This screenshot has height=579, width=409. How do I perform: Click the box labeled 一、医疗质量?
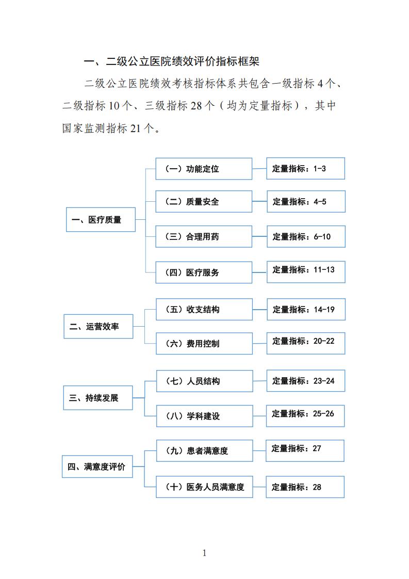pos(101,220)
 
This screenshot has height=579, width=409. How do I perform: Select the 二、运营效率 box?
pos(98,327)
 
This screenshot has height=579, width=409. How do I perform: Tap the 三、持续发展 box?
pos(98,398)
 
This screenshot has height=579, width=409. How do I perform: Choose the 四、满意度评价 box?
pos(97,467)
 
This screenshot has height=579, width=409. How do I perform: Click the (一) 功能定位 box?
pos(204,169)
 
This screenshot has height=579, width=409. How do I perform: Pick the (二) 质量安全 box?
pos(204,202)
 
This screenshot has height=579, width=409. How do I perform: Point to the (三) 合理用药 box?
pos(204,236)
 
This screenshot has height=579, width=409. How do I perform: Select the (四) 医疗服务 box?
pos(204,272)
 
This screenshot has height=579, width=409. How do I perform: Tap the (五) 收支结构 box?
pos(204,309)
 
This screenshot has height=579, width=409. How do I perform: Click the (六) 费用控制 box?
pos(204,343)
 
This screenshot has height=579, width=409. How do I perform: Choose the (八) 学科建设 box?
pos(204,416)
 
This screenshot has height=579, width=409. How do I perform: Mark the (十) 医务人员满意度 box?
pos(204,487)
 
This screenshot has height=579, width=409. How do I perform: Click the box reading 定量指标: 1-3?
pos(306,168)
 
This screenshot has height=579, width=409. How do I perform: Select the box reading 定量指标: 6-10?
pos(306,236)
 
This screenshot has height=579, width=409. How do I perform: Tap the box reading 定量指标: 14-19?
pos(306,309)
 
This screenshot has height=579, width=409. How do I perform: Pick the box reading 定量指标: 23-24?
pos(306,381)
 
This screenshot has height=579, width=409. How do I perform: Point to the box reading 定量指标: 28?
pos(305,487)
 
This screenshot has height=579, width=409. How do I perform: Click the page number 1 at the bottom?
pos(204,553)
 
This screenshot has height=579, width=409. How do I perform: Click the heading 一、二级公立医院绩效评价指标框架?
pos(172,61)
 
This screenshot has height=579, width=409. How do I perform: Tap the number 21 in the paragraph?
pos(136,128)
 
